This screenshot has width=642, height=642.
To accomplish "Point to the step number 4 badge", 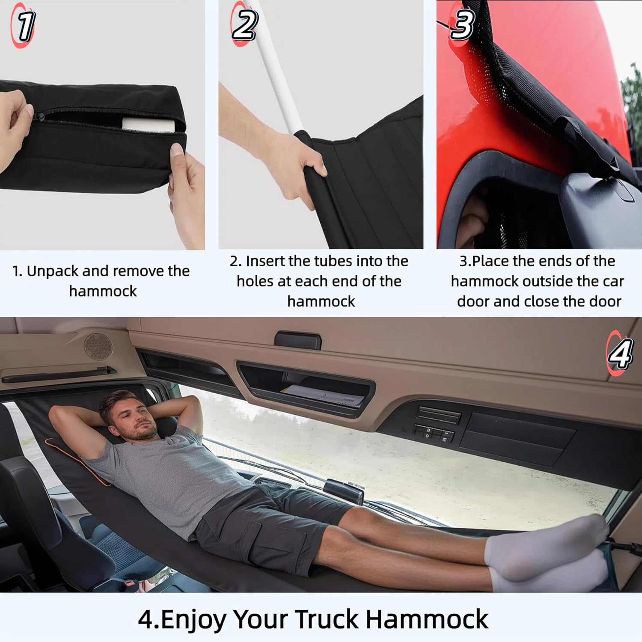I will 619,354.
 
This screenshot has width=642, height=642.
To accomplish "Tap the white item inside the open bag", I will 149,125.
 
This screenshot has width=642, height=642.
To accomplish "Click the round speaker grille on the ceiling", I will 98,346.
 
